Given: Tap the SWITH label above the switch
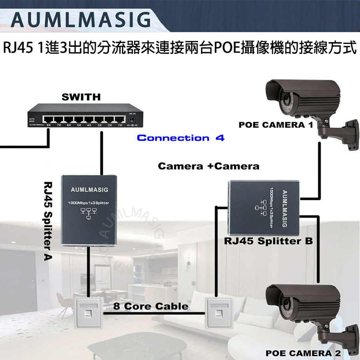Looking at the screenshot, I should pos(82,97).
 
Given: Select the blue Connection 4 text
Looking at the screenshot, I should pos(180,138).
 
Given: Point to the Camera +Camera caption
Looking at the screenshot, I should pos(209,166).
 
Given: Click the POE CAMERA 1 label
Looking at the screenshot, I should pos(275,125).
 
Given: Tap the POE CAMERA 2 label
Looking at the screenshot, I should pos(303,354).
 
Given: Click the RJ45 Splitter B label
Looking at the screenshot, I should pos(268,242).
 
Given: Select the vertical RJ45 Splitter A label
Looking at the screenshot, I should pos(48,220).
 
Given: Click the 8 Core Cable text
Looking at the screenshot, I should pos(150,307).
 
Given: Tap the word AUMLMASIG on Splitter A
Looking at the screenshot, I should pos(89,189).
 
